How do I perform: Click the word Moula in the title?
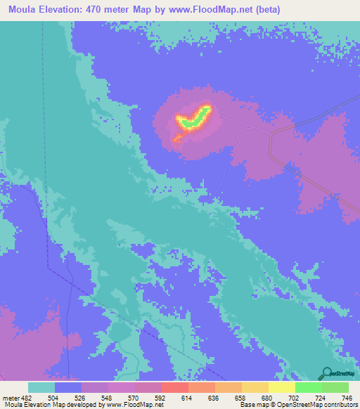pyautogui.click(x=20, y=10)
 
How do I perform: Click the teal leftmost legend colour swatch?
pyautogui.click(x=41, y=387)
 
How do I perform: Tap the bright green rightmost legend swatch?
pyautogui.click(x=335, y=387)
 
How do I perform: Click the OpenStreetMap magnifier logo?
pyautogui.click(x=326, y=373)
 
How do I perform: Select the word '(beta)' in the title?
pyautogui.click(x=274, y=10)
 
